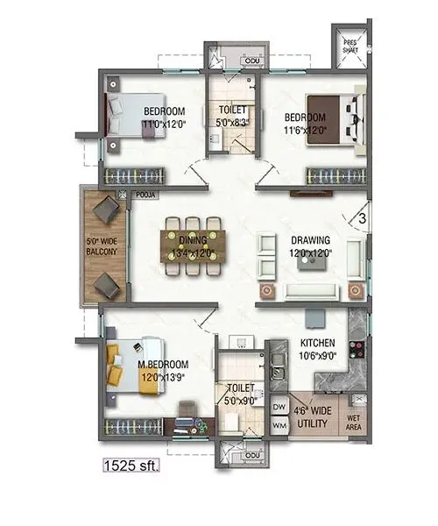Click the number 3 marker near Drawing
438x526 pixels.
(x=361, y=211)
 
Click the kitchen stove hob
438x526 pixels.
(x=357, y=349)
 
